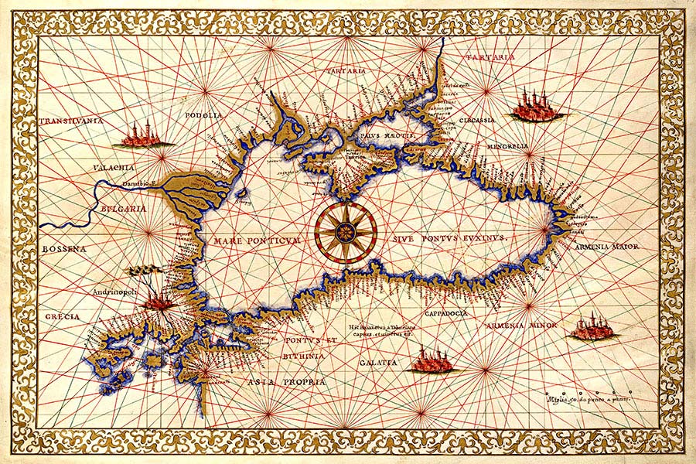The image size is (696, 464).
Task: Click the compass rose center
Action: point(346,230)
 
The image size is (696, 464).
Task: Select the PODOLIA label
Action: point(204,115)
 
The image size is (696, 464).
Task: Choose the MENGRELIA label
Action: point(507,145)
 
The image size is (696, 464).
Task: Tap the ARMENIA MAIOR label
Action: point(608,247)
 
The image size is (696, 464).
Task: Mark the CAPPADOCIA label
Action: point(445,313)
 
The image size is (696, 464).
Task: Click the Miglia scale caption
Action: point(587,401)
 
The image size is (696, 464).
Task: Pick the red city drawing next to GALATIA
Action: point(434,360)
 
